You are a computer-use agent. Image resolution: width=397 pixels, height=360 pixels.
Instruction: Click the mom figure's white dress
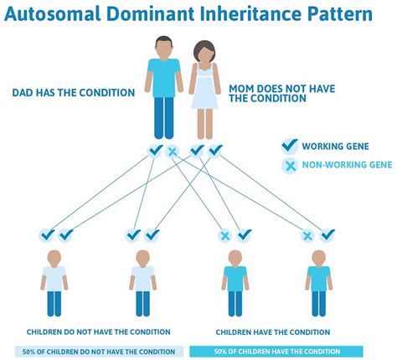(x=204, y=92)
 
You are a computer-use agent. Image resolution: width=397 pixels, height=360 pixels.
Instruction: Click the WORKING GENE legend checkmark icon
(x=290, y=145)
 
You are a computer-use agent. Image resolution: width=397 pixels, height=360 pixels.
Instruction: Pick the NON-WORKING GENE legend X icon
(x=290, y=165)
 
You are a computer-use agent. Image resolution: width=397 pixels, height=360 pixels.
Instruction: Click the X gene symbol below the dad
(x=173, y=152)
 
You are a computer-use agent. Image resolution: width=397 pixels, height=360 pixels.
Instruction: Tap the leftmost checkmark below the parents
(x=154, y=151)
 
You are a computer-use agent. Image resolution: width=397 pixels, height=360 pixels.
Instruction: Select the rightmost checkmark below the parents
(x=215, y=151)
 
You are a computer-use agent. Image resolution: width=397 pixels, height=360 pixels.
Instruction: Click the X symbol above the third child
(x=224, y=235)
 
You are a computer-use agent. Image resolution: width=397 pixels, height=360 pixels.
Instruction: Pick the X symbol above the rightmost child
(x=308, y=235)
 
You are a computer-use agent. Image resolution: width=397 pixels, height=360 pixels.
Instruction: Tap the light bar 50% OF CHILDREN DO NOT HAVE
(x=99, y=351)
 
